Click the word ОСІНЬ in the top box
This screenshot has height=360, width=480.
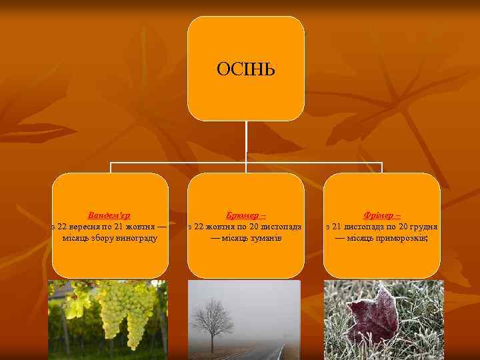(246, 69)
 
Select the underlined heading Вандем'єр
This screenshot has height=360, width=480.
(109, 215)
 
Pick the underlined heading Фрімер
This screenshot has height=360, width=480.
(381, 215)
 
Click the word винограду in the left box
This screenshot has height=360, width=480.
(136, 237)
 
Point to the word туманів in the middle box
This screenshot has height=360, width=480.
(265, 237)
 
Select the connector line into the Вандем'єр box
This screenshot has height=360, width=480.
(110, 167)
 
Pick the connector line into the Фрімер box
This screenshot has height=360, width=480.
(381, 167)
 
